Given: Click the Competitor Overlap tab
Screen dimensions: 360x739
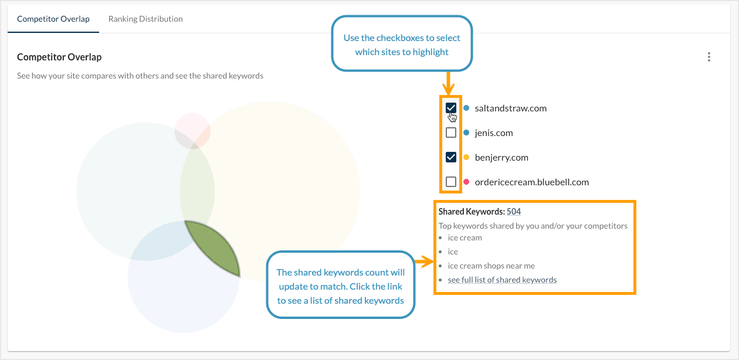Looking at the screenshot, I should (53, 19).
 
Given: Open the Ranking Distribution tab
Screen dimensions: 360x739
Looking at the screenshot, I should (145, 19).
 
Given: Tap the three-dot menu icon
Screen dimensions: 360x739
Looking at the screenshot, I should (709, 57).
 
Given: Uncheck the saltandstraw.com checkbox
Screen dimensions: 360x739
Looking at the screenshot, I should (451, 108).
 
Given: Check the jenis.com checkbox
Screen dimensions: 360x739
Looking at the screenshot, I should (451, 133).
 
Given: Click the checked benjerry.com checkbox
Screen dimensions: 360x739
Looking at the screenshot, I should (451, 157).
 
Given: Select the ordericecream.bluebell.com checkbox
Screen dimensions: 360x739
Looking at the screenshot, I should (451, 182).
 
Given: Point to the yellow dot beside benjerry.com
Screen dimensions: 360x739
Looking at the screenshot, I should (466, 157).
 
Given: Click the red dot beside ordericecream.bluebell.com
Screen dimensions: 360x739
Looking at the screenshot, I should (466, 182).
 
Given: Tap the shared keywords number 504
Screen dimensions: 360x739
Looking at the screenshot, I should (514, 212).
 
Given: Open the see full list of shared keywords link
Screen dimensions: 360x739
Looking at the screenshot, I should (502, 280).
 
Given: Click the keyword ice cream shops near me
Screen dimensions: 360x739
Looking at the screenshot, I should (491, 266).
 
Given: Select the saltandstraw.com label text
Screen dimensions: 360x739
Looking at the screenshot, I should (510, 108).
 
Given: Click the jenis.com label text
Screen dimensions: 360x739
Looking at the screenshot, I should (494, 133).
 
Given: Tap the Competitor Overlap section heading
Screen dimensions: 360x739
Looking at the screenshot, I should (59, 57).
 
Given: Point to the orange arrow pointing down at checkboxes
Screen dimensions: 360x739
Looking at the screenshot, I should (449, 83).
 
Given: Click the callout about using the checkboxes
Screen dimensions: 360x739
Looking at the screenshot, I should (402, 45).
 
